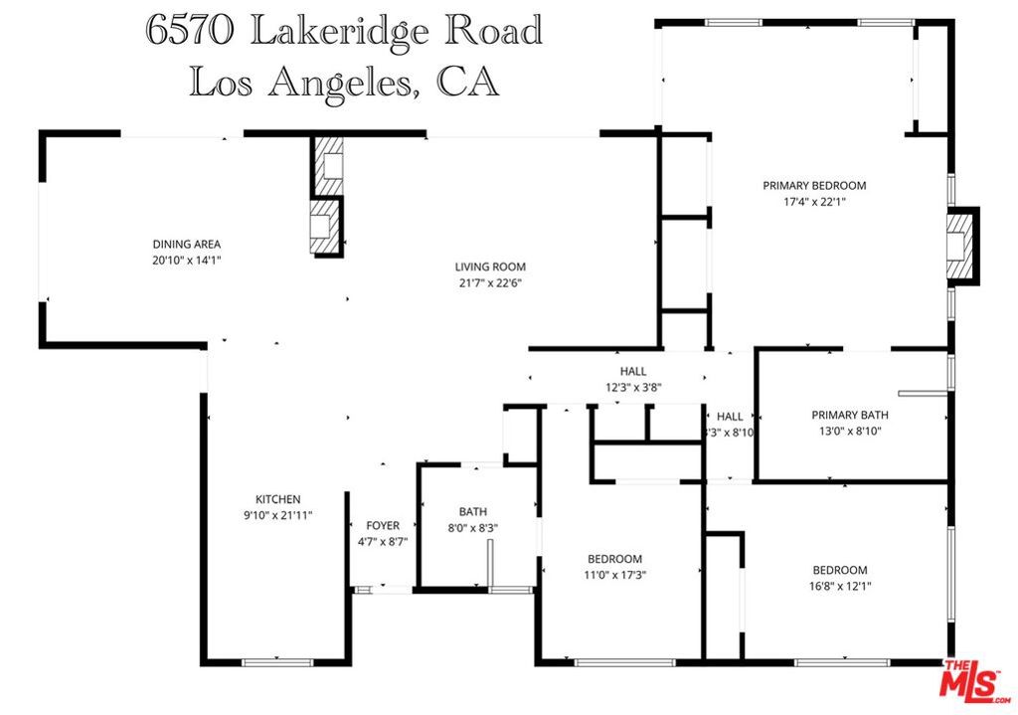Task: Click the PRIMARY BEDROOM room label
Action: coord(814,185)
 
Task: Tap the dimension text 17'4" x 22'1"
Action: coord(814,201)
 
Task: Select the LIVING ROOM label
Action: coord(490,267)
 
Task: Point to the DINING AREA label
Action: coord(186,244)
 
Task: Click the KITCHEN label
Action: coord(277,499)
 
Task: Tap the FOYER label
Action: coord(383,525)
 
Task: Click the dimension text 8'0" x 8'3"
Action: coord(472,528)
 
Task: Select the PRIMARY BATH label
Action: coord(849,416)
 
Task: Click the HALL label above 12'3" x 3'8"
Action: coord(633,371)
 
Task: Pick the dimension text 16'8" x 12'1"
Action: coord(840,586)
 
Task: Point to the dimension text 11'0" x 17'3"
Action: coord(614,575)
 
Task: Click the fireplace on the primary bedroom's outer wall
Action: coord(960,244)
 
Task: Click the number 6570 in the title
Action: coord(189,30)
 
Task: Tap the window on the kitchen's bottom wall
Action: coord(277,661)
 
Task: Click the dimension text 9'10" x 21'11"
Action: coord(277,515)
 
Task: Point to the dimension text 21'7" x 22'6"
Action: coord(490,282)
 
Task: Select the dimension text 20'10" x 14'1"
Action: coord(186,260)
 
